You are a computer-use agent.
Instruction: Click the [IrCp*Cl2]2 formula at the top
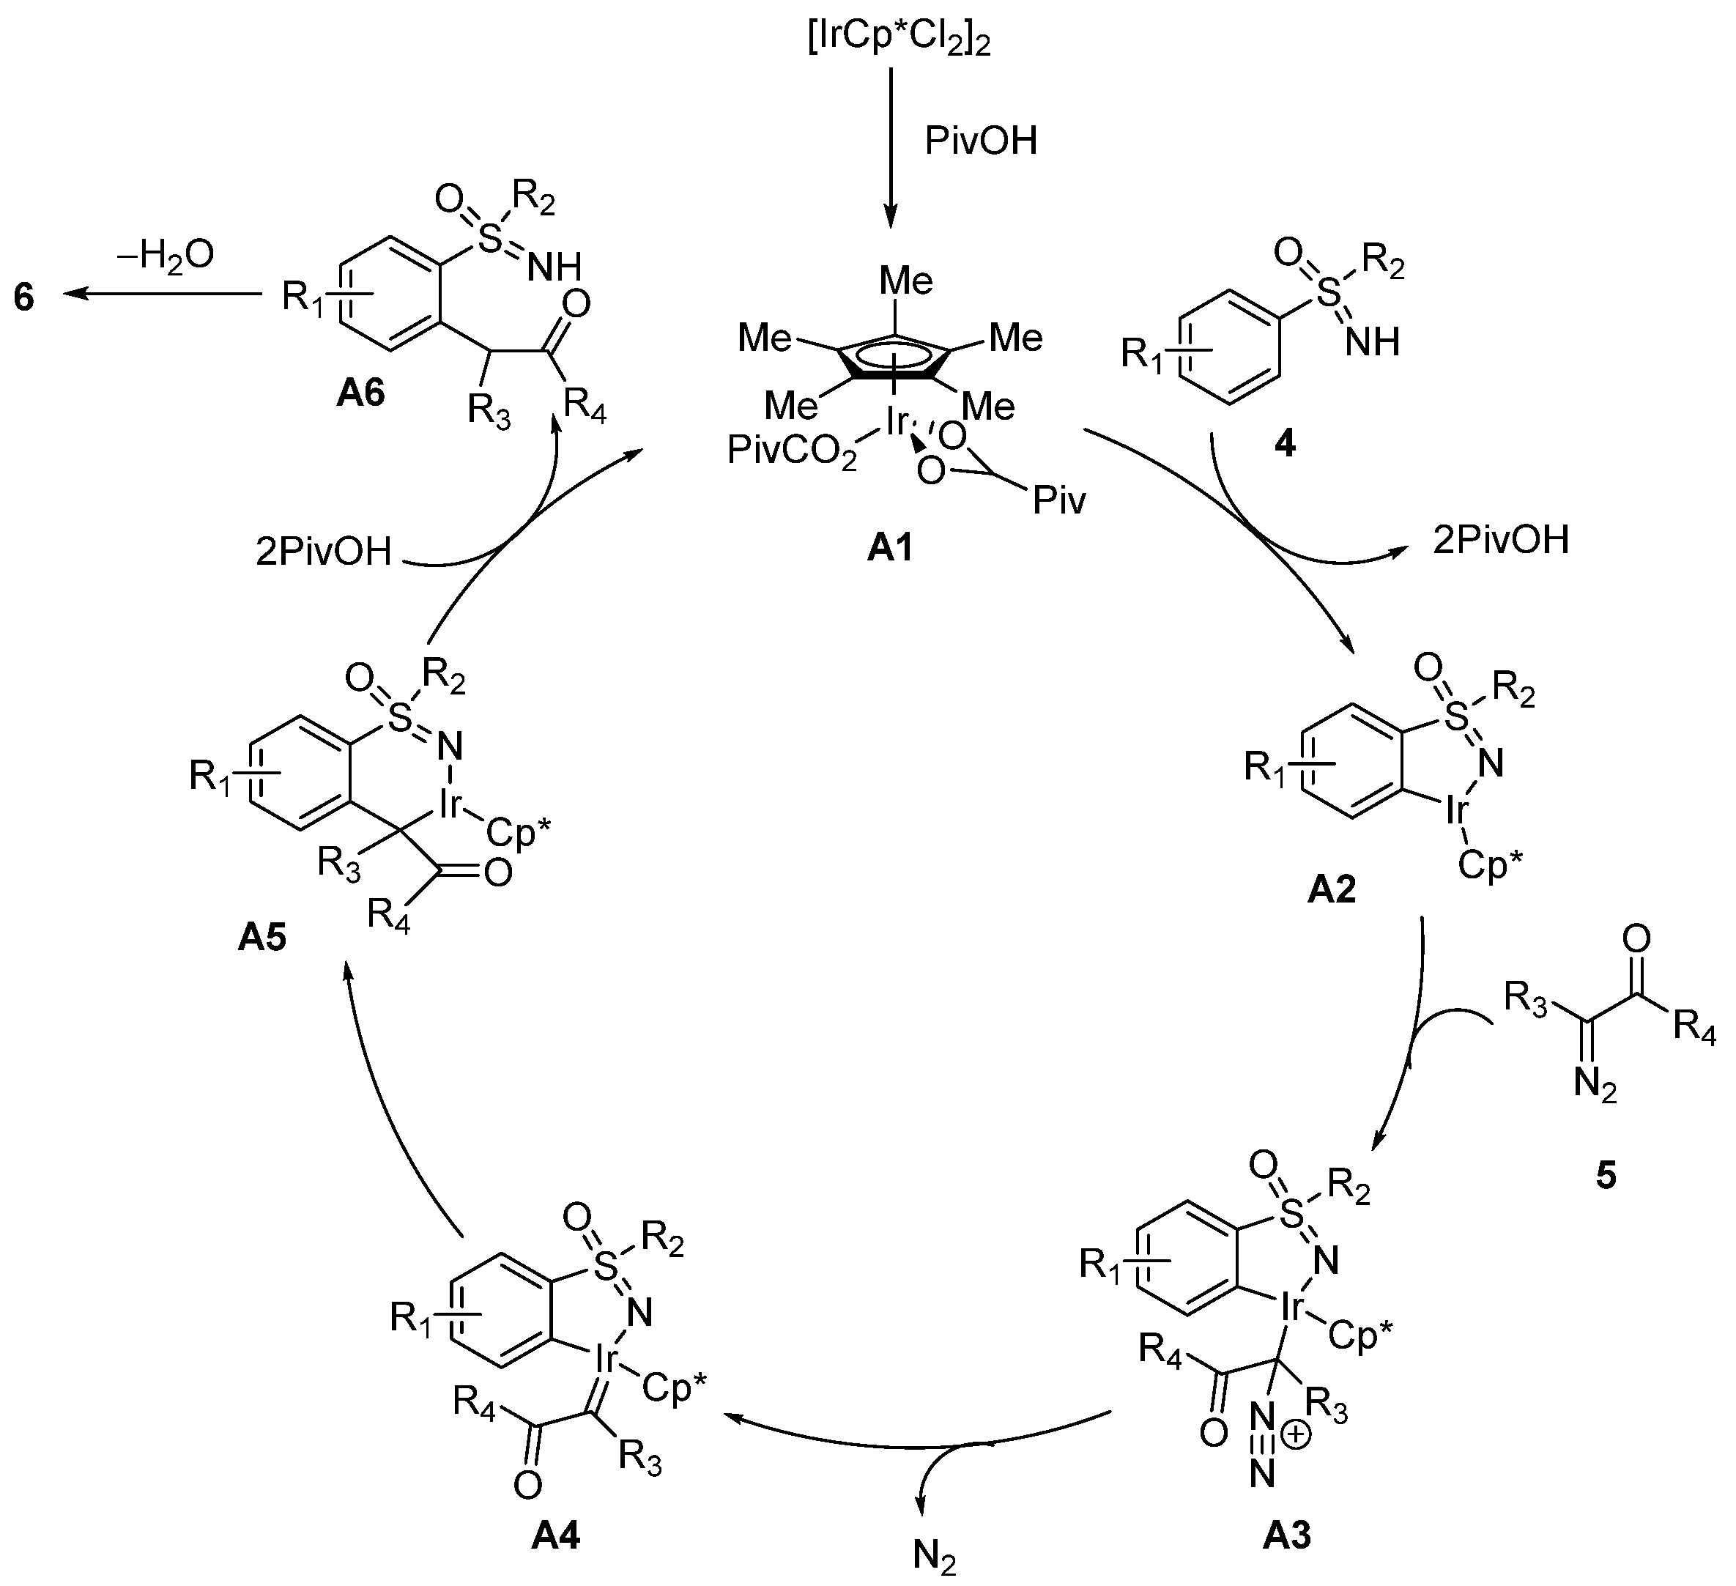pos(899,40)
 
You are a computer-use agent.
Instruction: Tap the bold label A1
pos(889,549)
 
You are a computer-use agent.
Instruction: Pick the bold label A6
pos(361,393)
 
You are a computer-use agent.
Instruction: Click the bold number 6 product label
pos(24,297)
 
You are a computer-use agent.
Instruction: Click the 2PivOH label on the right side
pos(1501,541)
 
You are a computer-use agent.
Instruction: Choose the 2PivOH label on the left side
pos(324,552)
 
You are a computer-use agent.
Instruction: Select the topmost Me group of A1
pos(906,281)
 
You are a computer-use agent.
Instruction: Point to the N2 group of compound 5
pos(1595,1085)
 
